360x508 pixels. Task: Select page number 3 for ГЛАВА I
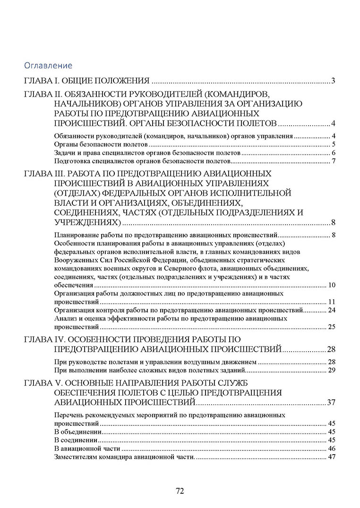point(333,80)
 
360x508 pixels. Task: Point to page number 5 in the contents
point(333,144)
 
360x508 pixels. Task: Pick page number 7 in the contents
point(333,161)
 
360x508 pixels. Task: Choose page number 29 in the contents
point(332,370)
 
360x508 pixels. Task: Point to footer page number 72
point(180,491)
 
